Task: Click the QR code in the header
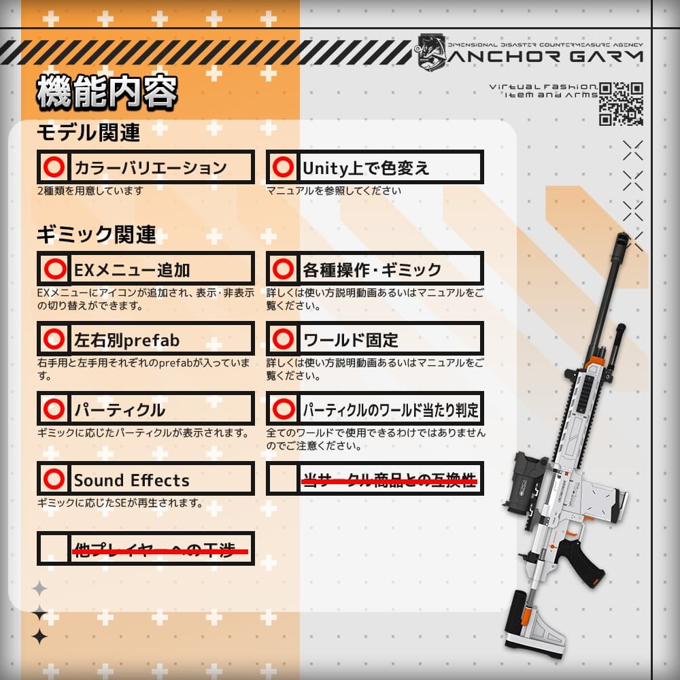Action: coord(621,103)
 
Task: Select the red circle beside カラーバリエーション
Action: coord(54,167)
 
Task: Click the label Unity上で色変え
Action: coord(366,168)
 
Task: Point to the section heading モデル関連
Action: coord(88,133)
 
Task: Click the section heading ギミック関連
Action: coord(96,235)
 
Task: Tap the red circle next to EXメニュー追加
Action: coord(54,269)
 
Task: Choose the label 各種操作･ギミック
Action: coord(371,270)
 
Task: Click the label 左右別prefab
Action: coord(126,339)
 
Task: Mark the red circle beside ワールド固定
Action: coord(282,339)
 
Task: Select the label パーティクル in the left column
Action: coord(119,410)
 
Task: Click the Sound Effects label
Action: coord(131,480)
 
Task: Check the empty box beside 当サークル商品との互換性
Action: coord(282,479)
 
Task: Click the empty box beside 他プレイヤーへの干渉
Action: coord(54,549)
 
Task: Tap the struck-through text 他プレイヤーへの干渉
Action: coord(160,549)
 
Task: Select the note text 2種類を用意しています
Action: coord(90,191)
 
